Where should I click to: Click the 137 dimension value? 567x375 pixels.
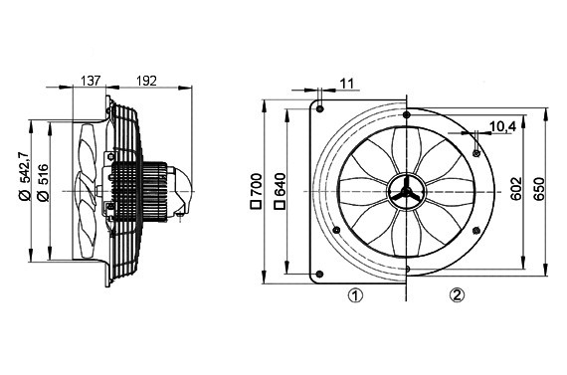tap(91, 81)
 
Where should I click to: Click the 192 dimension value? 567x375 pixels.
tap(146, 81)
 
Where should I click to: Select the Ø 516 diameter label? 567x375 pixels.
tap(44, 183)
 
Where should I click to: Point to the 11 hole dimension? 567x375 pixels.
tap(346, 84)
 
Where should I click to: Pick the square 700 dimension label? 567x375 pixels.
tap(256, 191)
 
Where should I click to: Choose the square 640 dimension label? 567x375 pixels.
tap(280, 191)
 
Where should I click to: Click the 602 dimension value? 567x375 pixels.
tap(516, 188)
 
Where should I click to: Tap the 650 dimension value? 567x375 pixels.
tap(539, 188)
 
